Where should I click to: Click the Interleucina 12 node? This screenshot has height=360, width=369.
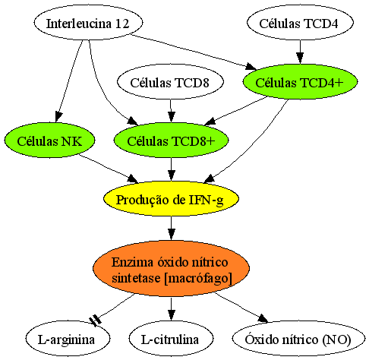click(88, 23)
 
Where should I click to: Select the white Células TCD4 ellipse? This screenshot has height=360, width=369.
click(300, 23)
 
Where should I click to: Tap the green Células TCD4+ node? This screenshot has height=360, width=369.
click(300, 81)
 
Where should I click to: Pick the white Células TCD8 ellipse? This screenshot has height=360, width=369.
click(170, 81)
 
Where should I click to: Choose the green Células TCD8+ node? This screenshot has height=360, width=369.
click(171, 141)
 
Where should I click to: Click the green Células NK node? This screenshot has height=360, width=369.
click(49, 141)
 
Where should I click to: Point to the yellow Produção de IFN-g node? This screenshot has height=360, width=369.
click(171, 199)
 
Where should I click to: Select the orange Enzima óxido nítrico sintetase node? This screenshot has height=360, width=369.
click(171, 269)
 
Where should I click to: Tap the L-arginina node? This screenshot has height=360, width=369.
click(68, 339)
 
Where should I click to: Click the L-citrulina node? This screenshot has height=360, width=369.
click(171, 339)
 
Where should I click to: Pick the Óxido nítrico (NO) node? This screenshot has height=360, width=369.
click(298, 339)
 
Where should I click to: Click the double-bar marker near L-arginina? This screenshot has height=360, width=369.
click(96, 320)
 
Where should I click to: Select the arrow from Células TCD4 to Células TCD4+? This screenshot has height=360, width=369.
click(300, 52)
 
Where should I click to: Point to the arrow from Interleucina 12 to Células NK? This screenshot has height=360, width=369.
click(70, 81)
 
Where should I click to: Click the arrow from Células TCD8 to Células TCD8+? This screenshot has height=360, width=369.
click(171, 111)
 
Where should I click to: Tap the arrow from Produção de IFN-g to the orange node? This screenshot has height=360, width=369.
click(171, 229)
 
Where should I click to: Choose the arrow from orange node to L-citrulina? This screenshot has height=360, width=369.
click(171, 309)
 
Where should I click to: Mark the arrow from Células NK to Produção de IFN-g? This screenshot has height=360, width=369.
click(109, 169)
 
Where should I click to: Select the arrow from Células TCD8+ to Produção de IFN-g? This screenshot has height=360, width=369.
click(171, 169)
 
